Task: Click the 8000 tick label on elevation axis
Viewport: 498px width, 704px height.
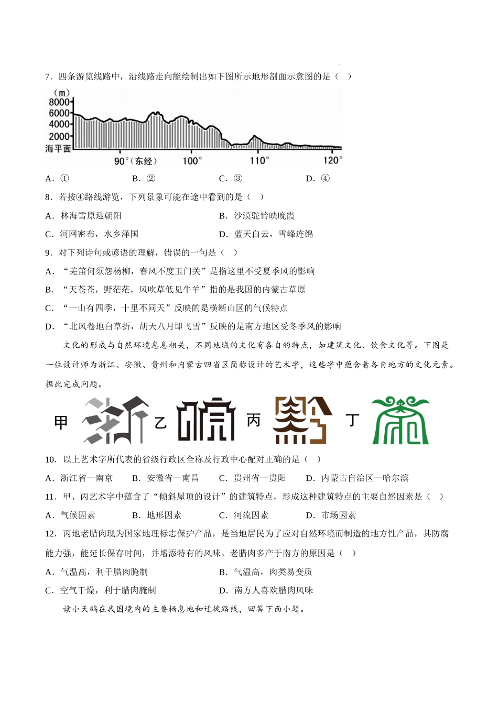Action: (59, 102)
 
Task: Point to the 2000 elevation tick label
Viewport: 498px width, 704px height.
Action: (59, 136)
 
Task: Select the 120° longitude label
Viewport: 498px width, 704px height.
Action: (332, 160)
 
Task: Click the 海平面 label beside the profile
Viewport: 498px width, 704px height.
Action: (58, 149)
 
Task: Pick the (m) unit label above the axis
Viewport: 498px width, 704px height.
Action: (62, 93)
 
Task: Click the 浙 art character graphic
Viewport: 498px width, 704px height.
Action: (115, 421)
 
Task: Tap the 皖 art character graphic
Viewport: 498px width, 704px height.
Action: (206, 421)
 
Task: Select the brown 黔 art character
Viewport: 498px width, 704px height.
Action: (303, 421)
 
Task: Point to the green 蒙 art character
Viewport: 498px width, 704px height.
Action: (400, 421)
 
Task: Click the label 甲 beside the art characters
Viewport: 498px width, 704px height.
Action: (61, 422)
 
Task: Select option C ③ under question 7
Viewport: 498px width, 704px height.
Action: (231, 179)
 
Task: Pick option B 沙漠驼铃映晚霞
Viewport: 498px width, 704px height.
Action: (257, 216)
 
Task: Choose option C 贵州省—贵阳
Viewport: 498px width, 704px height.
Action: (253, 478)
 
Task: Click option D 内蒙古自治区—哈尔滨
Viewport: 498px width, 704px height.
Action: (357, 478)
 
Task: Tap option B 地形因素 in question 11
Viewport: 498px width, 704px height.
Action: (157, 515)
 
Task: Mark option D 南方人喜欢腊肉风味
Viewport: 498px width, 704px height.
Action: (266, 590)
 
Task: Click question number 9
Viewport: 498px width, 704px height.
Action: (49, 253)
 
